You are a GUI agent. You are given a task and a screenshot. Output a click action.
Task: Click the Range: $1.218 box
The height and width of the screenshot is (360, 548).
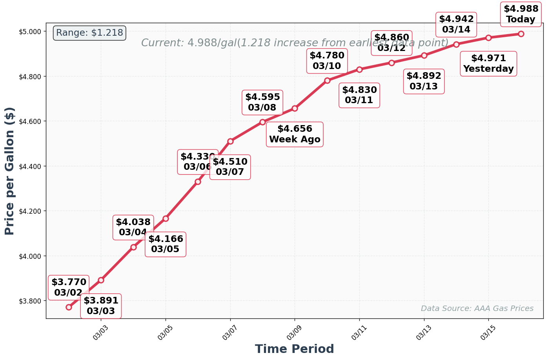(89, 33)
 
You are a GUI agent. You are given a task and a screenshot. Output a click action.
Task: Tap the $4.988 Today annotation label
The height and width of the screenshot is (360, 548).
(521, 14)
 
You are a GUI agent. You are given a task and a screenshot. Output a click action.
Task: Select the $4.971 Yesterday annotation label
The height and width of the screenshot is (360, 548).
(488, 64)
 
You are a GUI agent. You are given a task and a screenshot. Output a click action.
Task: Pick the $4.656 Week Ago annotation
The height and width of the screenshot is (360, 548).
(295, 135)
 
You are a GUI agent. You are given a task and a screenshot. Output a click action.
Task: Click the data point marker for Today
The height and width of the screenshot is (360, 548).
(521, 34)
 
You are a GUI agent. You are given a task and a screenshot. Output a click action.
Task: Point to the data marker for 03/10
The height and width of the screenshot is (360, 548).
(327, 80)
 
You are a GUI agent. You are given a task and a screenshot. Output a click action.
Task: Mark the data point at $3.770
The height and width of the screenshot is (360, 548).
(69, 307)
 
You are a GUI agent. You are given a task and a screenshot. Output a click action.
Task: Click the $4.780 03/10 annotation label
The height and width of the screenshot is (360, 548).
(327, 61)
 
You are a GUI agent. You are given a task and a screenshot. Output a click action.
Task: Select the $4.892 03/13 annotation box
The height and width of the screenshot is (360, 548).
(424, 81)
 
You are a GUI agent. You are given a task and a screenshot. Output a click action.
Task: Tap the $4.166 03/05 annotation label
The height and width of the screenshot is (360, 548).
(166, 244)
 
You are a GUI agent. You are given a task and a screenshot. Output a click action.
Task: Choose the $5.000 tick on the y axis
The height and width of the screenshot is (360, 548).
(30, 31)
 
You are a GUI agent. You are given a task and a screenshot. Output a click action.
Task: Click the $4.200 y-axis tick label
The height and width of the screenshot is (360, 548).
(30, 211)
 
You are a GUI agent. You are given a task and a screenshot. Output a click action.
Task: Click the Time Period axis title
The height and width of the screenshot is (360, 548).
(294, 349)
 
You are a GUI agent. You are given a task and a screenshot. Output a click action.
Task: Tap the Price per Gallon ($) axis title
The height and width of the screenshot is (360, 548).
(9, 171)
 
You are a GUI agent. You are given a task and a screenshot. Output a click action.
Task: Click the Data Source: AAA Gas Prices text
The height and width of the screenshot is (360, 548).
(477, 309)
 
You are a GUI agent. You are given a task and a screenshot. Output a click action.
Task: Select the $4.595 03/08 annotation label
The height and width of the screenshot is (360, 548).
(262, 102)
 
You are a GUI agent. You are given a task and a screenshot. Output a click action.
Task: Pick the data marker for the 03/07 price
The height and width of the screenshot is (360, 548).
(230, 141)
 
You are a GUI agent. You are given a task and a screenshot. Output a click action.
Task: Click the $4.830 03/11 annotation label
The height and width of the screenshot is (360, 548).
(359, 95)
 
